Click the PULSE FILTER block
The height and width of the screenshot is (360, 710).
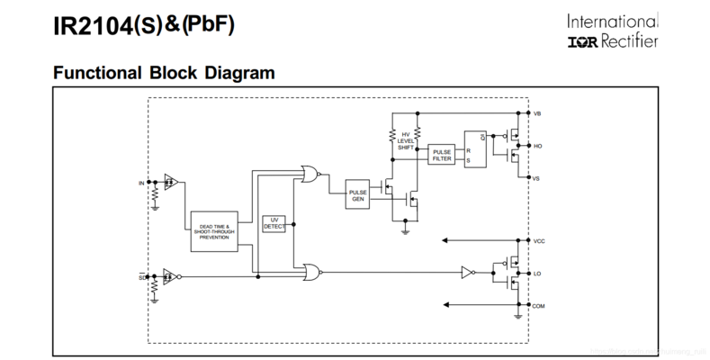point(442,154)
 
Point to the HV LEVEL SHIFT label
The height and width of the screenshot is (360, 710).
point(406,140)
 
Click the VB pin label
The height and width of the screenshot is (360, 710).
point(538,114)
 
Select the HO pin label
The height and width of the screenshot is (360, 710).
point(538,146)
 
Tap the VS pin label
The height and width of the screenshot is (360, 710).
point(537,178)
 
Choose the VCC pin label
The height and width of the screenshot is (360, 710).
point(539,241)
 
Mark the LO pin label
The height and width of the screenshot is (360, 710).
point(537,274)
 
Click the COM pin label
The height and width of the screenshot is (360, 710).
point(539,306)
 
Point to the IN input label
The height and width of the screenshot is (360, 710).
point(140,184)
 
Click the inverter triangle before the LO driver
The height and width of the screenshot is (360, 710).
point(466,271)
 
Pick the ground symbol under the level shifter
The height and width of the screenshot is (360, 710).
point(405,230)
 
